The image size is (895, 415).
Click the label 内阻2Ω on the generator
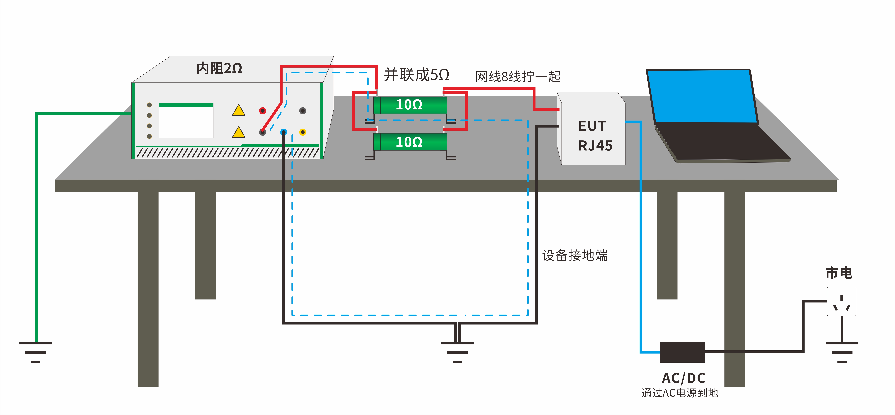(x=219, y=68)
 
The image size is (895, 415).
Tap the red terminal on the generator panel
(x=263, y=111)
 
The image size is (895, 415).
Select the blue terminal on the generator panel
(x=284, y=132)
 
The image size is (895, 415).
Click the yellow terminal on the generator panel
(x=303, y=132)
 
